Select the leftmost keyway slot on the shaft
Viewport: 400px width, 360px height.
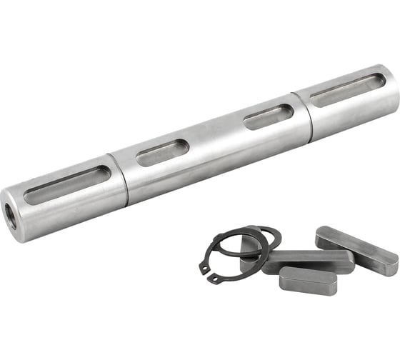67,185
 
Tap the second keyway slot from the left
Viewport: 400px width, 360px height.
162,152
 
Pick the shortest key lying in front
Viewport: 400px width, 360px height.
306,279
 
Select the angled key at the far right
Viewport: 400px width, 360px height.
356,249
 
